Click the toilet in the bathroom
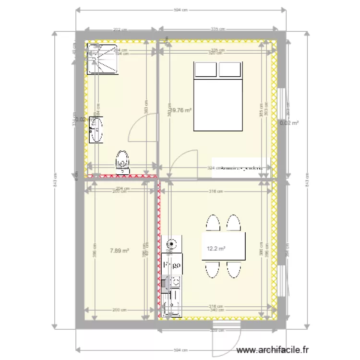tap(123, 161)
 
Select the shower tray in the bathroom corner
tap(102, 59)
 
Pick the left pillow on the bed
tap(205, 70)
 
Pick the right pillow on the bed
tap(230, 70)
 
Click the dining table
tap(224, 246)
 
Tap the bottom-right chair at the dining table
tap(234, 270)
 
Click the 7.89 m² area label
tap(120, 250)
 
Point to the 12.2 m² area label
tap(216, 249)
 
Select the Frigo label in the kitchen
tap(172, 264)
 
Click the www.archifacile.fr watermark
tap(273, 351)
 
